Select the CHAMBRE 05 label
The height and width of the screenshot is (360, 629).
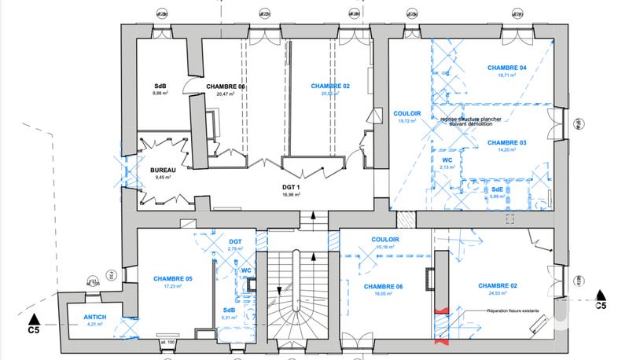pos(173,279)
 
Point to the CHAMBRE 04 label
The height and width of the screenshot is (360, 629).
pos(506,68)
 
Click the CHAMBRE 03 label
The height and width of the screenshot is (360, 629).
pos(506,143)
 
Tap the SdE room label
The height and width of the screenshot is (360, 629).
pos(498,189)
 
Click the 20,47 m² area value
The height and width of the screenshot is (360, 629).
pos(226,94)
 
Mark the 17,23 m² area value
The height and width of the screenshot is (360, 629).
pos(173,287)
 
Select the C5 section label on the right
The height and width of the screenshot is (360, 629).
pos(600,304)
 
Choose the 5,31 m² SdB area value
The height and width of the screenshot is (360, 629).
pos(229,318)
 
